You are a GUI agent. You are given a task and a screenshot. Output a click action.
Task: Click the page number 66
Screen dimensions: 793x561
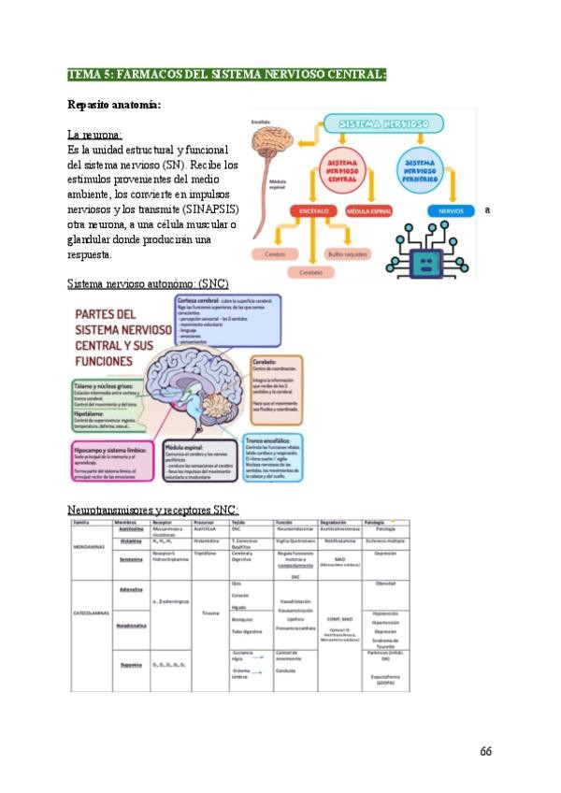click(x=485, y=751)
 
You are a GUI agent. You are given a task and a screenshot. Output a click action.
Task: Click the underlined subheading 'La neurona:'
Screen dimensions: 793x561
click(x=94, y=135)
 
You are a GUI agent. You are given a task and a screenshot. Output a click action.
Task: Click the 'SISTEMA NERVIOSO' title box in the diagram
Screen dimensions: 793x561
click(x=384, y=124)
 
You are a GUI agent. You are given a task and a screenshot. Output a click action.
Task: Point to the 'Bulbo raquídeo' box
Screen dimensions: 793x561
click(x=346, y=252)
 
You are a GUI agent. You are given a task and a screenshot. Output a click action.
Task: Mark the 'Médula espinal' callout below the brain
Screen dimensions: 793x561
click(x=198, y=460)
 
